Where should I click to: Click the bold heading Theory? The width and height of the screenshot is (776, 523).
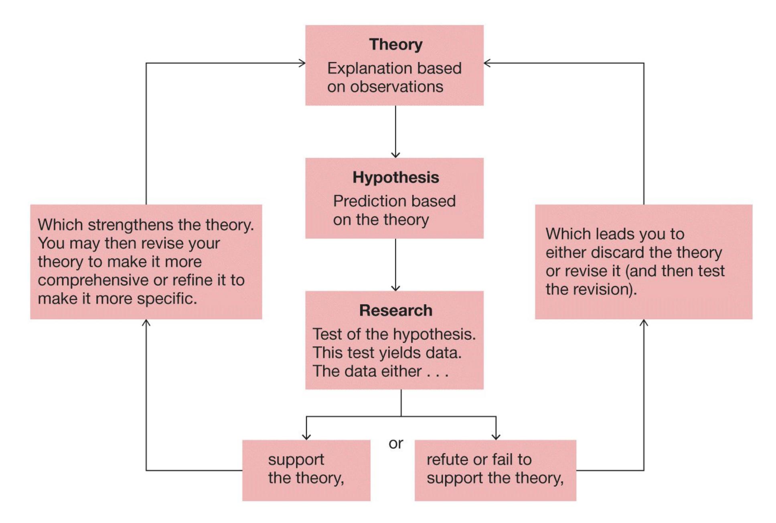[x=395, y=44]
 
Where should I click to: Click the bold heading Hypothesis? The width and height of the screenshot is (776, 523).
[x=395, y=178]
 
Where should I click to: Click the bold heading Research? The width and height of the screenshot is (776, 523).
[x=395, y=311]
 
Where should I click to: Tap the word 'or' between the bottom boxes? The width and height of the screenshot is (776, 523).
[x=395, y=444]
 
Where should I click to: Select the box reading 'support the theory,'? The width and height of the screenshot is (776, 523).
[x=306, y=470]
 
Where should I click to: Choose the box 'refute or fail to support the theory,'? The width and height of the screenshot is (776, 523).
[x=495, y=470]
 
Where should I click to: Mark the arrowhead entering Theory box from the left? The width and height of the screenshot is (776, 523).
[x=302, y=63]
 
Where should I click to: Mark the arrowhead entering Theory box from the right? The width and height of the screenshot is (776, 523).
[x=487, y=63]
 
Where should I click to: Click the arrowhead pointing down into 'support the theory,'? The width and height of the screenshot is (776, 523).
[x=306, y=437]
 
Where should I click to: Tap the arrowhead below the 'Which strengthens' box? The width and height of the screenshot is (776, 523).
[x=146, y=323]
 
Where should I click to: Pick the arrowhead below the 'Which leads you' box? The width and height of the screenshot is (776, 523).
[x=644, y=323]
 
